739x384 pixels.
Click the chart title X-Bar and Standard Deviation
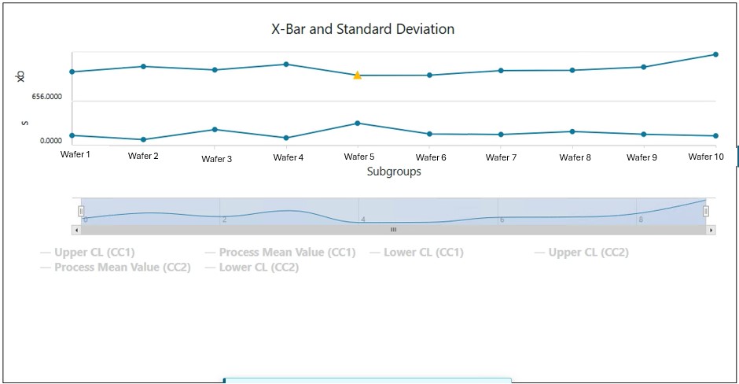click(362, 29)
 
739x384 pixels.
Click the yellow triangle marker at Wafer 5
click(357, 76)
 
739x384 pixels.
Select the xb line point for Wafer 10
click(715, 54)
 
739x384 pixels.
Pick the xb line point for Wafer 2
click(143, 66)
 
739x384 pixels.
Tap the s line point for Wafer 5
click(357, 123)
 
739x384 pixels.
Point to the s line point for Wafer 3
click(215, 129)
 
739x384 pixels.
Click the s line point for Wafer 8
click(572, 131)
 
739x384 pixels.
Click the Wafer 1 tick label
click(75, 154)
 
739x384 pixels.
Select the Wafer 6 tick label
click(431, 157)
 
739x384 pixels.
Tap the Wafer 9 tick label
click(642, 157)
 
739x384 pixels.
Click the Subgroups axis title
click(394, 172)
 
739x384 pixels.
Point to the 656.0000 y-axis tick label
click(47, 97)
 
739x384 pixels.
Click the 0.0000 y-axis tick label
click(50, 141)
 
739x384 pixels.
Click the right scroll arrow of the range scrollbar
click(711, 230)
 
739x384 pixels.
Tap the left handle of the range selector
click(81, 211)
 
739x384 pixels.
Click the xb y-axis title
click(21, 76)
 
